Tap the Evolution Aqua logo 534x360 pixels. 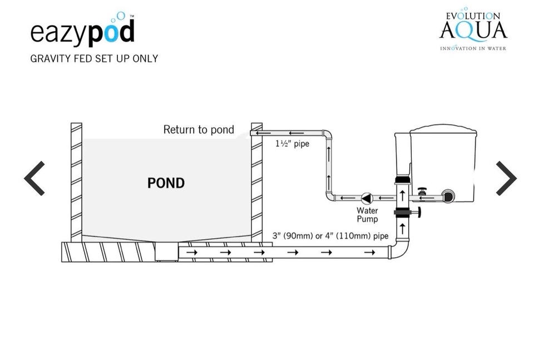click(473, 31)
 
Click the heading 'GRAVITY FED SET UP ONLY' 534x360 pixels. click(94, 58)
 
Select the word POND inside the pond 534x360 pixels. click(166, 183)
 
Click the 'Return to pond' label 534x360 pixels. click(199, 130)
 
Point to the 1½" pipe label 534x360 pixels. click(292, 144)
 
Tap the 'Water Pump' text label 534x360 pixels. click(367, 215)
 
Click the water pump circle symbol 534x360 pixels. click(367, 198)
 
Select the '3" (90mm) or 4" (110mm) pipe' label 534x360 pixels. click(330, 236)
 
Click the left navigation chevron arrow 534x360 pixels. click(34, 178)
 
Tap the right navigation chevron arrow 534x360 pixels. click(506, 178)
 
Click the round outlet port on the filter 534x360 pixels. click(447, 195)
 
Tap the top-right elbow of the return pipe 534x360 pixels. click(327, 135)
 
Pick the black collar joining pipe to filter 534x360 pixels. click(402, 180)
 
